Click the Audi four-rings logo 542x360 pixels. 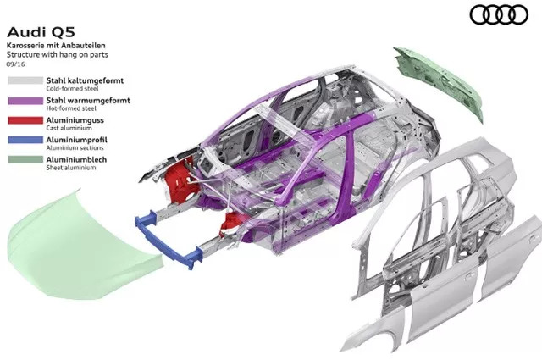coord(499,15)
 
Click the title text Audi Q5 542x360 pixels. coord(41,32)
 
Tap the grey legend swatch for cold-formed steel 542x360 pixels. coord(25,80)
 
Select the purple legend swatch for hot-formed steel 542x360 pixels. coord(25,101)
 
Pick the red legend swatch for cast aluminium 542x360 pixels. coord(25,120)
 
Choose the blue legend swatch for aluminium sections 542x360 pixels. coord(25,140)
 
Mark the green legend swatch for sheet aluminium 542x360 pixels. coord(25,159)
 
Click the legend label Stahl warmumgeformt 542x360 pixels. coord(88,101)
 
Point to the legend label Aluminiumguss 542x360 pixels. coord(75,120)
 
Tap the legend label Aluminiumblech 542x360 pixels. coord(76,159)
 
